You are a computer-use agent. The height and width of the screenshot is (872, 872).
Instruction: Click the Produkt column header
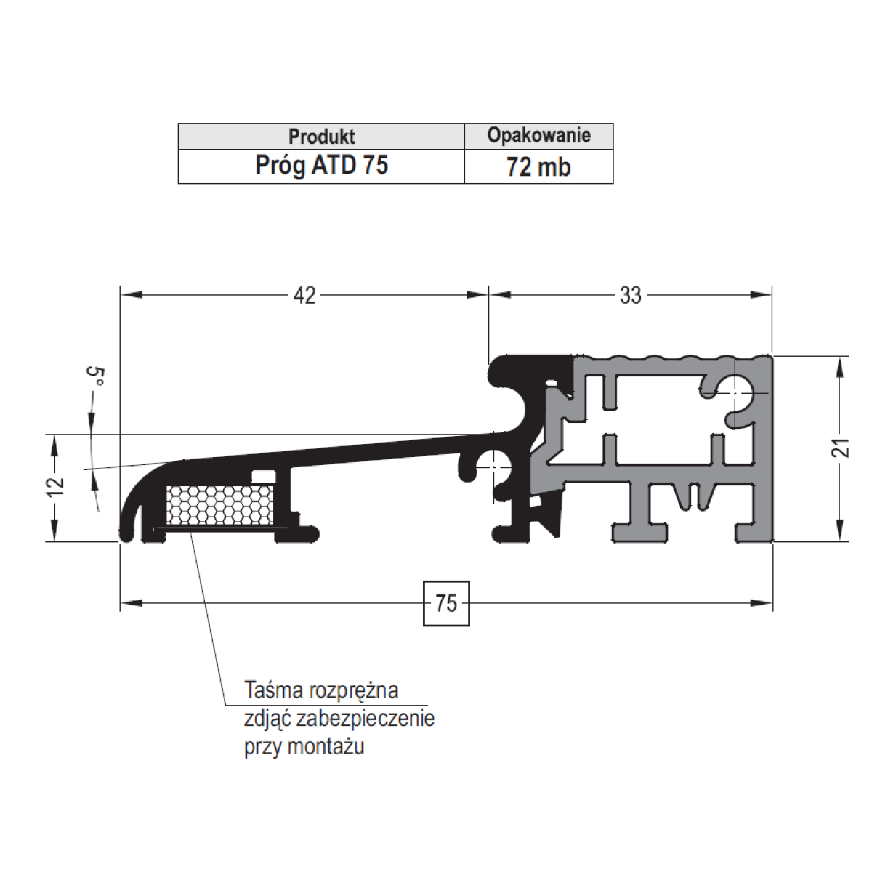pos(321,136)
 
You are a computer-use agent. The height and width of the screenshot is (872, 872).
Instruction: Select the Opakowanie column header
pos(539,135)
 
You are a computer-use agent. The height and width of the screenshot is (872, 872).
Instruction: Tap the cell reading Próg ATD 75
pos(321,166)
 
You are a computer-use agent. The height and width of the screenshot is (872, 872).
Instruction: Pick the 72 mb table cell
pos(539,166)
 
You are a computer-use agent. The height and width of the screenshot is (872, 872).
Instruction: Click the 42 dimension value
pos(304,296)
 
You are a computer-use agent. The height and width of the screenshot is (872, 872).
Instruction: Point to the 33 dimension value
pos(630,296)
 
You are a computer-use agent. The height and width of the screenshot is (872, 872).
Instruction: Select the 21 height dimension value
pos(841,448)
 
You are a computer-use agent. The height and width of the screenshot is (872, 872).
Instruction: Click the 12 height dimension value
pos(56,487)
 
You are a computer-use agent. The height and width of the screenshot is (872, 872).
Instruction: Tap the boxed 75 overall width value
pos(446,603)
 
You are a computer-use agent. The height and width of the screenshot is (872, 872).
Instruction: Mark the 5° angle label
pos(95,376)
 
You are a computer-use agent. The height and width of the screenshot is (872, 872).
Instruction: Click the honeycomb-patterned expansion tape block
pos(220,505)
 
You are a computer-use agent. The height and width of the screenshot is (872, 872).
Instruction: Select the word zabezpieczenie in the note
pos(366,719)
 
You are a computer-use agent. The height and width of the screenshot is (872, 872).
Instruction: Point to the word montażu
pos(326,746)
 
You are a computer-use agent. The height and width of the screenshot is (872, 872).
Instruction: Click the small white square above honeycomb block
pos(264,476)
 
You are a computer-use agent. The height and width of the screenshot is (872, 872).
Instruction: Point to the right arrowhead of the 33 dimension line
pos(762,296)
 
